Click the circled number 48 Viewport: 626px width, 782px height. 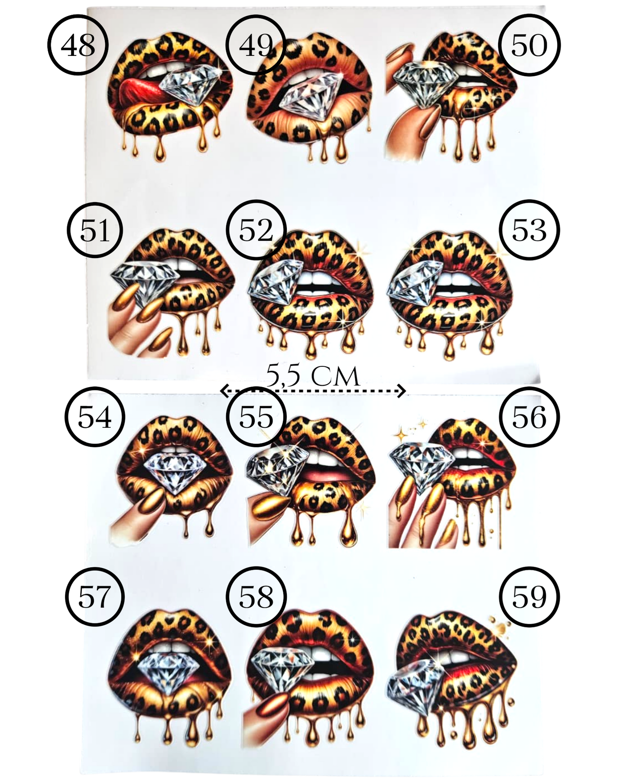click(78, 45)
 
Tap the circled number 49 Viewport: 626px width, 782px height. click(256, 45)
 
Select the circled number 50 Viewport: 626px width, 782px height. click(529, 45)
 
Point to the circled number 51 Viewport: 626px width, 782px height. click(95, 230)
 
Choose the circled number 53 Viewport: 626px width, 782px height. click(529, 230)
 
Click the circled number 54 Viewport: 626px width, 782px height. click(95, 417)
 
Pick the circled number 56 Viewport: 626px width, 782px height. click(529, 417)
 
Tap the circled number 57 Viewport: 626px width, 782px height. click(95, 597)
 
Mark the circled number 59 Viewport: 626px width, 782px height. click(529, 597)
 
